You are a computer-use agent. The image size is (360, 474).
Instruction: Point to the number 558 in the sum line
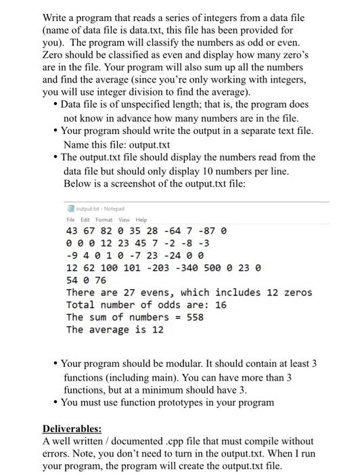point(194,317)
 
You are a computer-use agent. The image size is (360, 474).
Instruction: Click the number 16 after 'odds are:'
point(220,305)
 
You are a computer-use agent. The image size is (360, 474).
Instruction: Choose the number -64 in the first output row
point(168,230)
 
